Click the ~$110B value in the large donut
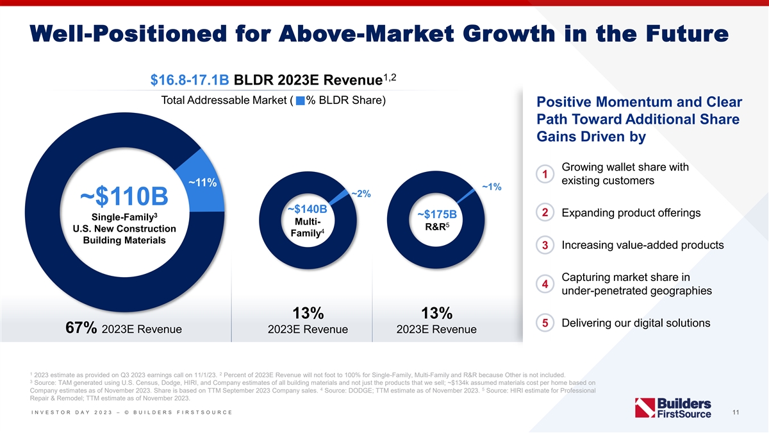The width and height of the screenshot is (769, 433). (124, 194)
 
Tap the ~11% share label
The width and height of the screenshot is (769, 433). (203, 182)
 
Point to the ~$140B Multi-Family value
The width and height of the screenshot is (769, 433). (308, 209)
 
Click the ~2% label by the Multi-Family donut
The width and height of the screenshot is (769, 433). (361, 194)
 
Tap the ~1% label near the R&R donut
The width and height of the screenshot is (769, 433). (492, 187)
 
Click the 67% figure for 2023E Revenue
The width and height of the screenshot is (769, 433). (81, 328)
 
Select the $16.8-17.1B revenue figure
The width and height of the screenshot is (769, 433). (190, 81)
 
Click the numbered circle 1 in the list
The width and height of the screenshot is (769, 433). (544, 174)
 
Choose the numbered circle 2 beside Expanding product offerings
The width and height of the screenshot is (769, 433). (544, 213)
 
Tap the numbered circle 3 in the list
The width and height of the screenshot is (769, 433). (544, 246)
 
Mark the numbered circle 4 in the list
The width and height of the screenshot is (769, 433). (544, 284)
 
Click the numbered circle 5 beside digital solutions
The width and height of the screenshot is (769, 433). (544, 323)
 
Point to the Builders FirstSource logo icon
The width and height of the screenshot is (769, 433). (643, 409)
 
